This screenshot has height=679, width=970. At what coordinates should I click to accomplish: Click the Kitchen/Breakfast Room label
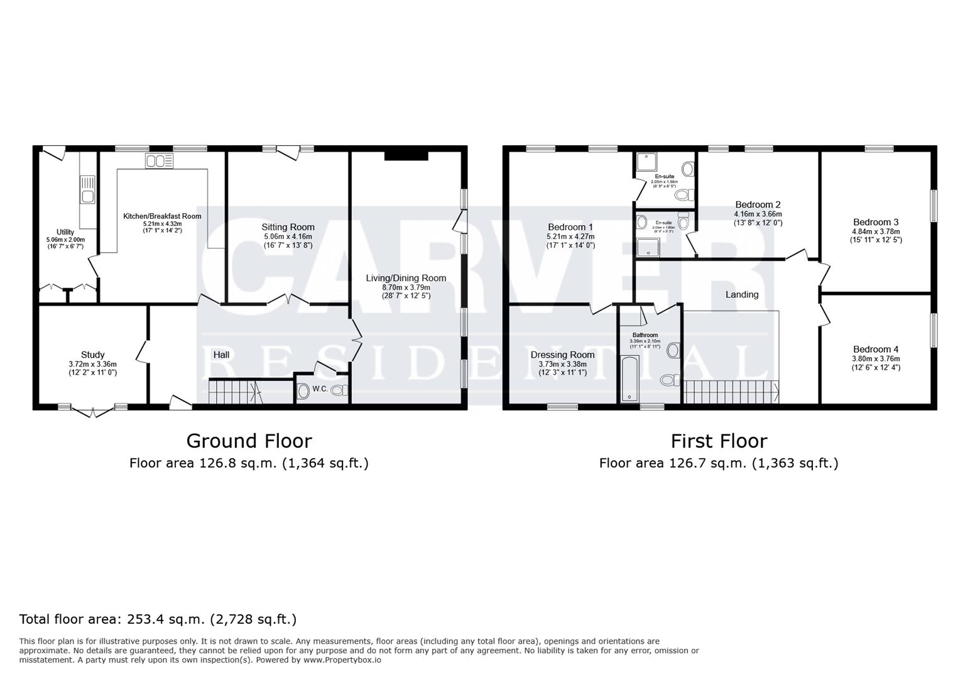[x=162, y=216]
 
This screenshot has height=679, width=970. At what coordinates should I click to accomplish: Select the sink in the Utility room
[x=87, y=197]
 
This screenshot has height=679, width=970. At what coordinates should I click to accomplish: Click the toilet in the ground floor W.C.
[x=339, y=390]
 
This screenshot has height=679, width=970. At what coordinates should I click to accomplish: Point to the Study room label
[x=92, y=355]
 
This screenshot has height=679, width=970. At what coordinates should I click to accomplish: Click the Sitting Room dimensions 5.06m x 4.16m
[x=288, y=236]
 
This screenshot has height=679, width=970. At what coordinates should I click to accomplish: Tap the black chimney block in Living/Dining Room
[x=406, y=155]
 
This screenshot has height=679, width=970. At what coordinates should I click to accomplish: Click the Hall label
[x=221, y=355]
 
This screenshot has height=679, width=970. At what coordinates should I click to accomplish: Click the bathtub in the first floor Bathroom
[x=629, y=378]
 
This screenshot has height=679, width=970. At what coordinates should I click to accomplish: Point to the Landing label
[x=742, y=294]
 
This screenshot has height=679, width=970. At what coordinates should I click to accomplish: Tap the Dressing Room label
[x=562, y=355]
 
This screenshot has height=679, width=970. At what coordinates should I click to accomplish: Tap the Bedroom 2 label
[x=758, y=204]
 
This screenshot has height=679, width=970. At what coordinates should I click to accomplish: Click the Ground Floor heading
[x=249, y=441]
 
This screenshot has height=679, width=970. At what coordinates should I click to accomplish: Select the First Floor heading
[x=719, y=441]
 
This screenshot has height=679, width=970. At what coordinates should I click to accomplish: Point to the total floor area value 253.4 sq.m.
[x=166, y=619]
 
